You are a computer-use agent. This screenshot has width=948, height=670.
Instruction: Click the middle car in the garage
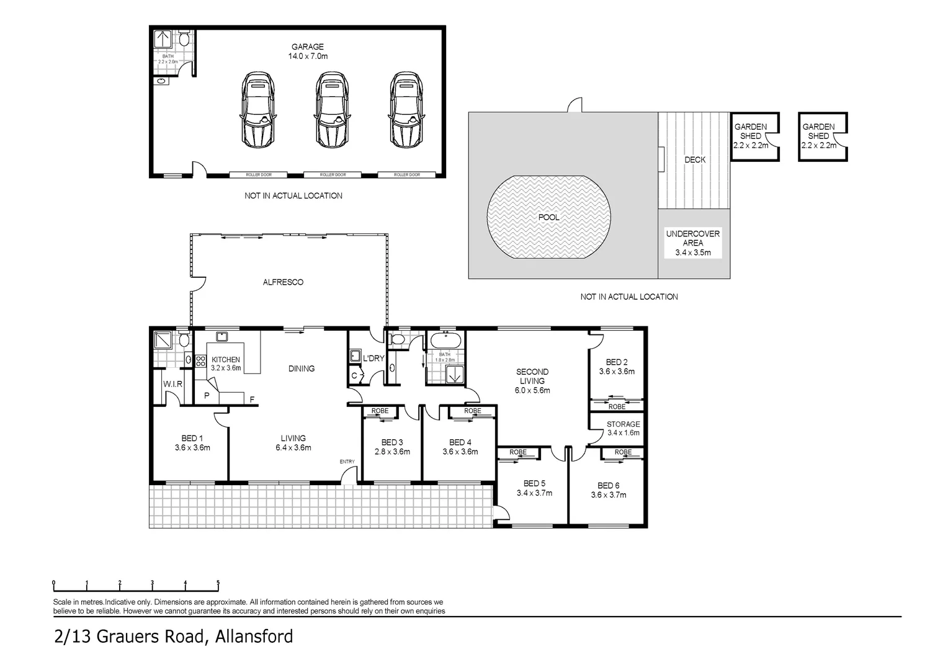pos(332,109)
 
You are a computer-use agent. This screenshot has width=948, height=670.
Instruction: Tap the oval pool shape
pos(549,217)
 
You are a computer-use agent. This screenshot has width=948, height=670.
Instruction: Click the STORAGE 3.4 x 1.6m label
pos(623,429)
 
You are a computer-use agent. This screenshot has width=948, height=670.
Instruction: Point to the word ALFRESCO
pos(283,282)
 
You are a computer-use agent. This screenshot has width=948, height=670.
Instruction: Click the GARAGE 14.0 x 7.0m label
pos(308,51)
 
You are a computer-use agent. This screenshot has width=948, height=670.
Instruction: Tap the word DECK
pos(695,160)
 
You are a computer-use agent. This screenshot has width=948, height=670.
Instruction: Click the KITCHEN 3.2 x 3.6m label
pos(226,364)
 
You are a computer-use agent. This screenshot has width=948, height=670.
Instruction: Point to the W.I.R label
pos(172,385)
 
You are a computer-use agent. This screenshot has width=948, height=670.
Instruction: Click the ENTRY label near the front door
pos(347,462)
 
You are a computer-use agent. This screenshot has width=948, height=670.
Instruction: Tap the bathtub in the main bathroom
pos(445,340)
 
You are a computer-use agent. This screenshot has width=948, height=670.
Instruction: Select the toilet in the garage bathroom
pos(184,40)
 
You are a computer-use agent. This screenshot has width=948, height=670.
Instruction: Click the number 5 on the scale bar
pos(218,583)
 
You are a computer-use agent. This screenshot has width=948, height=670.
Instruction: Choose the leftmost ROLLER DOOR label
pos(258,175)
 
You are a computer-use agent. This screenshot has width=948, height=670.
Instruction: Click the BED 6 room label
pos(608,490)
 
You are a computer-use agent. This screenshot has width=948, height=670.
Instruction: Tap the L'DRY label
pos(373,359)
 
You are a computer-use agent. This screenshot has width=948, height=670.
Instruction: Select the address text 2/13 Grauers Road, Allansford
pos(173,637)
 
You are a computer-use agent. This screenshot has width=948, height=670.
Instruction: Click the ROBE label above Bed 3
pos(380,411)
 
